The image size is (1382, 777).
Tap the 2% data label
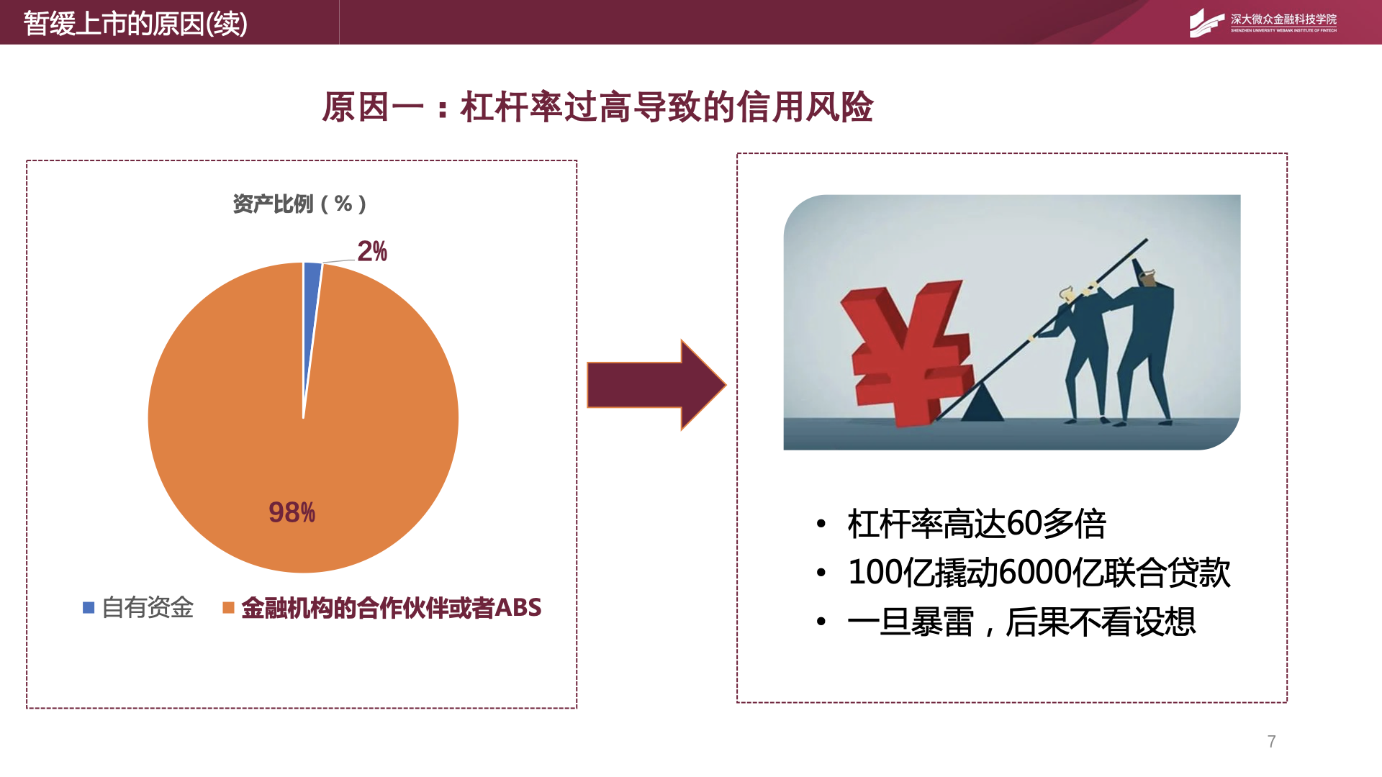tap(372, 251)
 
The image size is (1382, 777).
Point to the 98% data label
tap(292, 512)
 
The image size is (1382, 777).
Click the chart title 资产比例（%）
tap(299, 204)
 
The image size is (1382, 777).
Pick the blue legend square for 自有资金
tap(89, 608)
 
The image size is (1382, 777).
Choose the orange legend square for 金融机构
tap(228, 608)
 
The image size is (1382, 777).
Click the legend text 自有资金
tap(148, 608)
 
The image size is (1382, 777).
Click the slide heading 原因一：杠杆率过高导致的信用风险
tap(597, 107)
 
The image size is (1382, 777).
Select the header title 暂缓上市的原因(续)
tap(135, 24)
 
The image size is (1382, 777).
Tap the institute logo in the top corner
tap(1263, 23)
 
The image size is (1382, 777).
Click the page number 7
tap(1272, 742)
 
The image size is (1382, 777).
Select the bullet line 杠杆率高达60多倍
tap(977, 524)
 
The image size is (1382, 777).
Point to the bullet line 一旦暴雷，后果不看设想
tap(1021, 622)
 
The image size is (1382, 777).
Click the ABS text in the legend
tap(518, 608)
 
